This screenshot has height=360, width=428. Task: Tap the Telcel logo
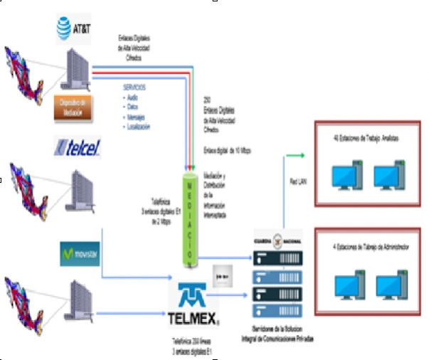coord(77,147)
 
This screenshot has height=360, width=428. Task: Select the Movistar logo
coord(79,253)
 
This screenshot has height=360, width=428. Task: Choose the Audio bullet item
coord(132,96)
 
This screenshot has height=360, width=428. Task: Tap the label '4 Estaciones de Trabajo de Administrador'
coord(365,248)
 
